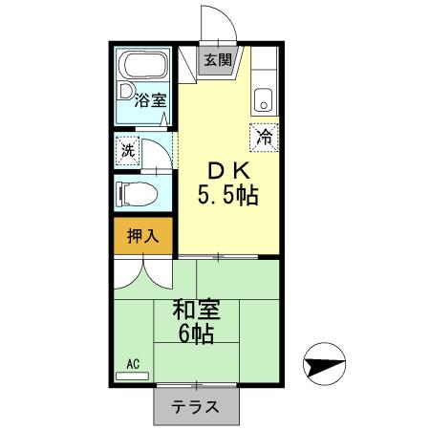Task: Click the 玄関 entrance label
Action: [x=217, y=59]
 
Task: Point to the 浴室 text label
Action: [x=149, y=98]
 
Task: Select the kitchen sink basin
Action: [x=263, y=97]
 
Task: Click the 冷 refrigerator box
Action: [x=264, y=137]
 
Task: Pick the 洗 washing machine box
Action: [x=127, y=150]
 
